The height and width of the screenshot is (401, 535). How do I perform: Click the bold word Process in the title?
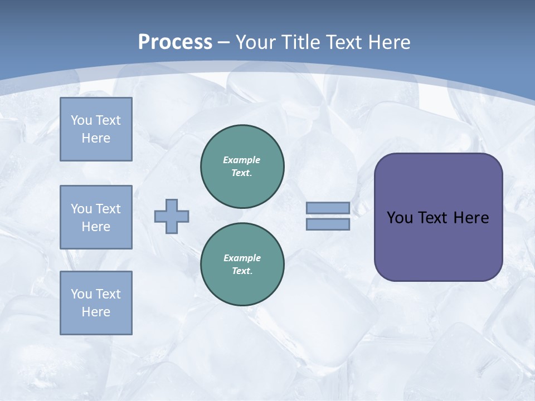pos(175,42)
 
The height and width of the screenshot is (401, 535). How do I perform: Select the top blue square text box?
pos(96,129)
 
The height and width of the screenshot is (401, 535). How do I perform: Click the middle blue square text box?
pos(96,217)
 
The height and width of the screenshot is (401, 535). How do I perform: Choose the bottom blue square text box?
pos(96,303)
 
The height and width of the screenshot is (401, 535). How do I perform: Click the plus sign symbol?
pos(172,216)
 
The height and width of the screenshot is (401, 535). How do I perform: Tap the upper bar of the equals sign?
pos(328,208)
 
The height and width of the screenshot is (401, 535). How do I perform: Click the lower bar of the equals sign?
pos(328,224)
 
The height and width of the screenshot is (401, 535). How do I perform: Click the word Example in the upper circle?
pos(242,160)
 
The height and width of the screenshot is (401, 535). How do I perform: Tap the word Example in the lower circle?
pos(242,258)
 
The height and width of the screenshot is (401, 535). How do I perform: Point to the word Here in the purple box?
pos(471,218)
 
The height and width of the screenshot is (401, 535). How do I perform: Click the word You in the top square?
pos(81,120)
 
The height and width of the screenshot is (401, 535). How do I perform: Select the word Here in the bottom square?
pos(96,312)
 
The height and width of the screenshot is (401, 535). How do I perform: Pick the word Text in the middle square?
pos(108,209)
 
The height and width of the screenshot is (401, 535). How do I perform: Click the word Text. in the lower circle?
pos(242,271)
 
